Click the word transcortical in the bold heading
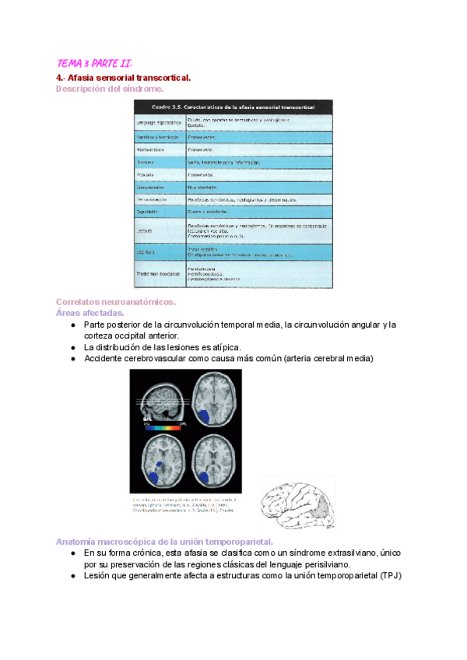[159, 78]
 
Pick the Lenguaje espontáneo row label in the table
[159, 122]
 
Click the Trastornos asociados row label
[160, 274]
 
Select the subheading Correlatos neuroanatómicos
[116, 302]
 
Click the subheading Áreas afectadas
[90, 313]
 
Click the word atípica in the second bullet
[226, 347]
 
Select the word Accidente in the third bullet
[105, 359]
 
